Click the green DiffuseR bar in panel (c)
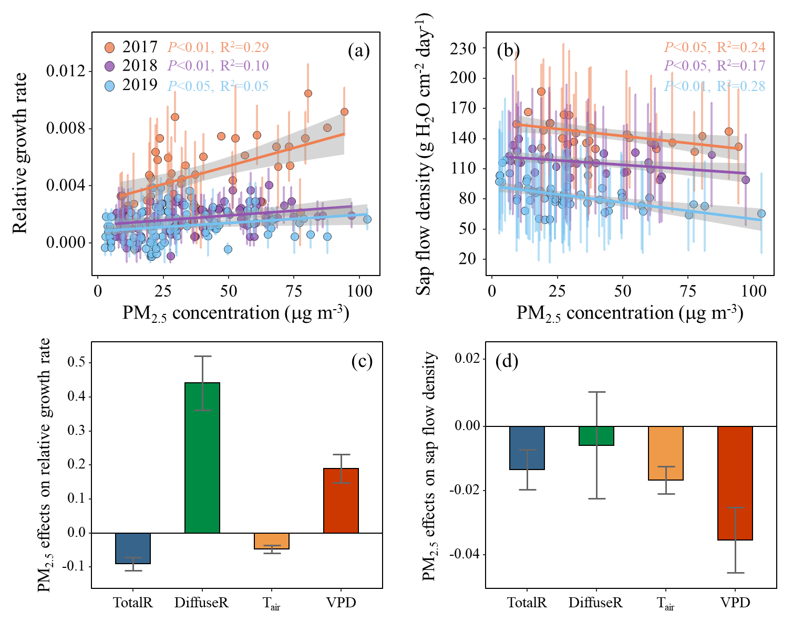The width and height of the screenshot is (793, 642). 202,457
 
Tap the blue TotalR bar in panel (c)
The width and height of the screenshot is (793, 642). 133,548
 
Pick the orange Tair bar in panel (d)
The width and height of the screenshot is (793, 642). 666,453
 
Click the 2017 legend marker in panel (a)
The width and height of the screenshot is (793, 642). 110,47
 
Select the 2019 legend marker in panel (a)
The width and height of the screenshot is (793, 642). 110,86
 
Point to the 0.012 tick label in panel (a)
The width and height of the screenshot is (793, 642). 66,71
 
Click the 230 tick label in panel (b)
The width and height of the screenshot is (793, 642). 463,48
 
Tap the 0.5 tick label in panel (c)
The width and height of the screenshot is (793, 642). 76,362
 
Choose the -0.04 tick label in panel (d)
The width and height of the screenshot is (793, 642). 465,554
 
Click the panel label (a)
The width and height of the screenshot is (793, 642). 359,51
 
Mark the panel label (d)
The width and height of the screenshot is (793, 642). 507,361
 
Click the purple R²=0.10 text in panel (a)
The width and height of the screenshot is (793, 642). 244,66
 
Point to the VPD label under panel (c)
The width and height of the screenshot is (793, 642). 341,603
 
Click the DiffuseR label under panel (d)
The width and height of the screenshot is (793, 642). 595,603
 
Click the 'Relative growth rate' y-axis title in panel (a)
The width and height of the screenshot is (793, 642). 19,153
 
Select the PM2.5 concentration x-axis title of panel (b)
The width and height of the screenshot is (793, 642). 630,313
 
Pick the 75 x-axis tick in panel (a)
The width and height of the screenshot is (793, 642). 294,291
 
